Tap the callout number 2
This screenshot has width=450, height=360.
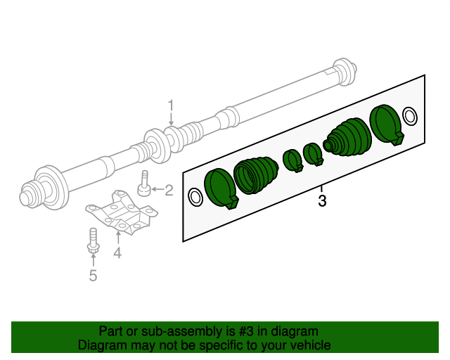pyautogui.click(x=169, y=189)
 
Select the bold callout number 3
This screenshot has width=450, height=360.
pyautogui.click(x=322, y=202)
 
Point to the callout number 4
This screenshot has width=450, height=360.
pyautogui.click(x=117, y=252)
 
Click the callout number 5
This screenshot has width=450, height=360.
pyautogui.click(x=93, y=276)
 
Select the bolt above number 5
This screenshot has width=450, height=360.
pyautogui.click(x=93, y=240)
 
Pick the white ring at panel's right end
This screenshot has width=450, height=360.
pyautogui.click(x=411, y=115)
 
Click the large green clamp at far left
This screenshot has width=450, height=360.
pyautogui.click(x=221, y=188)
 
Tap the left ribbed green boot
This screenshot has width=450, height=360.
pyautogui.click(x=254, y=174)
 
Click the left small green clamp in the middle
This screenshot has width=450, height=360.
pyautogui.click(x=292, y=160)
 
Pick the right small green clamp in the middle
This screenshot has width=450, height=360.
pyautogui.click(x=312, y=153)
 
